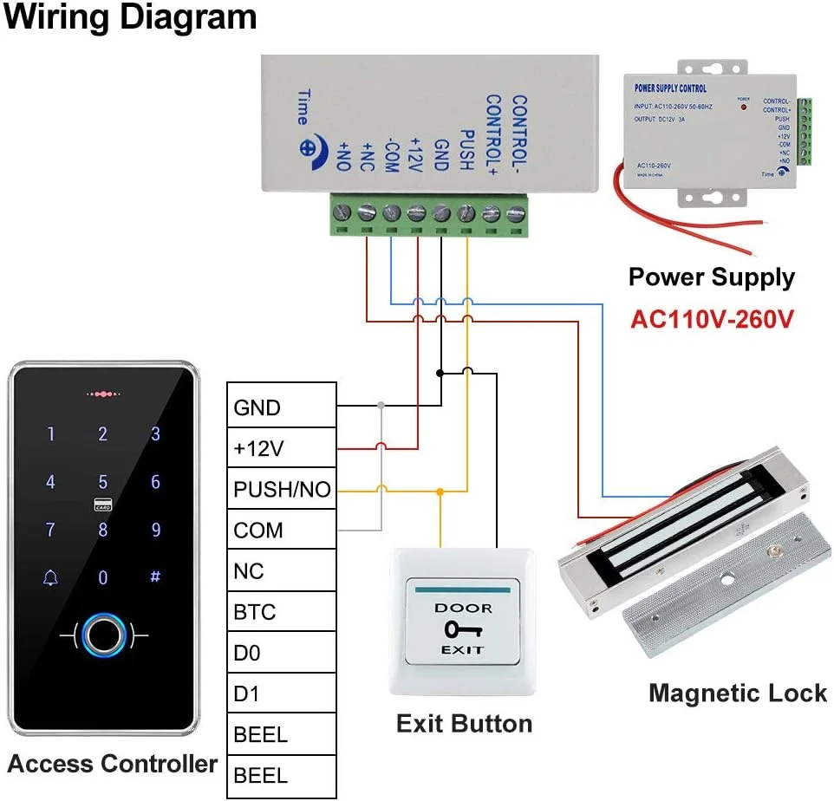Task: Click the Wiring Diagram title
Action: (131, 17)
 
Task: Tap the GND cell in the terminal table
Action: (281, 407)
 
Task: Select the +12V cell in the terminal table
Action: (281, 448)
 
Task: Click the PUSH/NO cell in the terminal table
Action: (281, 490)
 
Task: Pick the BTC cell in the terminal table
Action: (281, 613)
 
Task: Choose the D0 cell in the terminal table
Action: (281, 654)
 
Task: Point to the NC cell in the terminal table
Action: (281, 571)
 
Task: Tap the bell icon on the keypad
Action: (50, 577)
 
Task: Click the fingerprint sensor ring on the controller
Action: (103, 636)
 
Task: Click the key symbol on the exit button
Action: (463, 628)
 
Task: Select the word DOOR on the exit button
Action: (463, 608)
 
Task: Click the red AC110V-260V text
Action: (711, 319)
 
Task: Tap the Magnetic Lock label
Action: (738, 694)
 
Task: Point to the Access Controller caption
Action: (113, 764)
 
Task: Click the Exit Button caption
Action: (464, 724)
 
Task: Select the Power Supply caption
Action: (711, 277)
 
